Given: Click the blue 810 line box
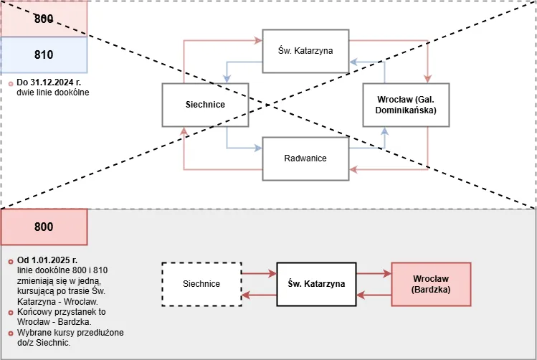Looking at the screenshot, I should tap(44, 55).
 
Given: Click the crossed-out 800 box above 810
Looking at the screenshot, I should tap(44, 19).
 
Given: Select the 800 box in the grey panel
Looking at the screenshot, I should tap(44, 227).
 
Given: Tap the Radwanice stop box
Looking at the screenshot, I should tap(305, 158).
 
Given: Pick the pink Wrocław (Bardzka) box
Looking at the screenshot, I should tap(431, 284).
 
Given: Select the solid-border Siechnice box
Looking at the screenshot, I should tap(204, 105).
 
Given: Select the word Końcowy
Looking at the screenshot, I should tap(33, 311).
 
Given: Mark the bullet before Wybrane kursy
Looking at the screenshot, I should tap(10, 333).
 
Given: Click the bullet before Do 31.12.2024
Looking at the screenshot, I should tap(10, 84).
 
